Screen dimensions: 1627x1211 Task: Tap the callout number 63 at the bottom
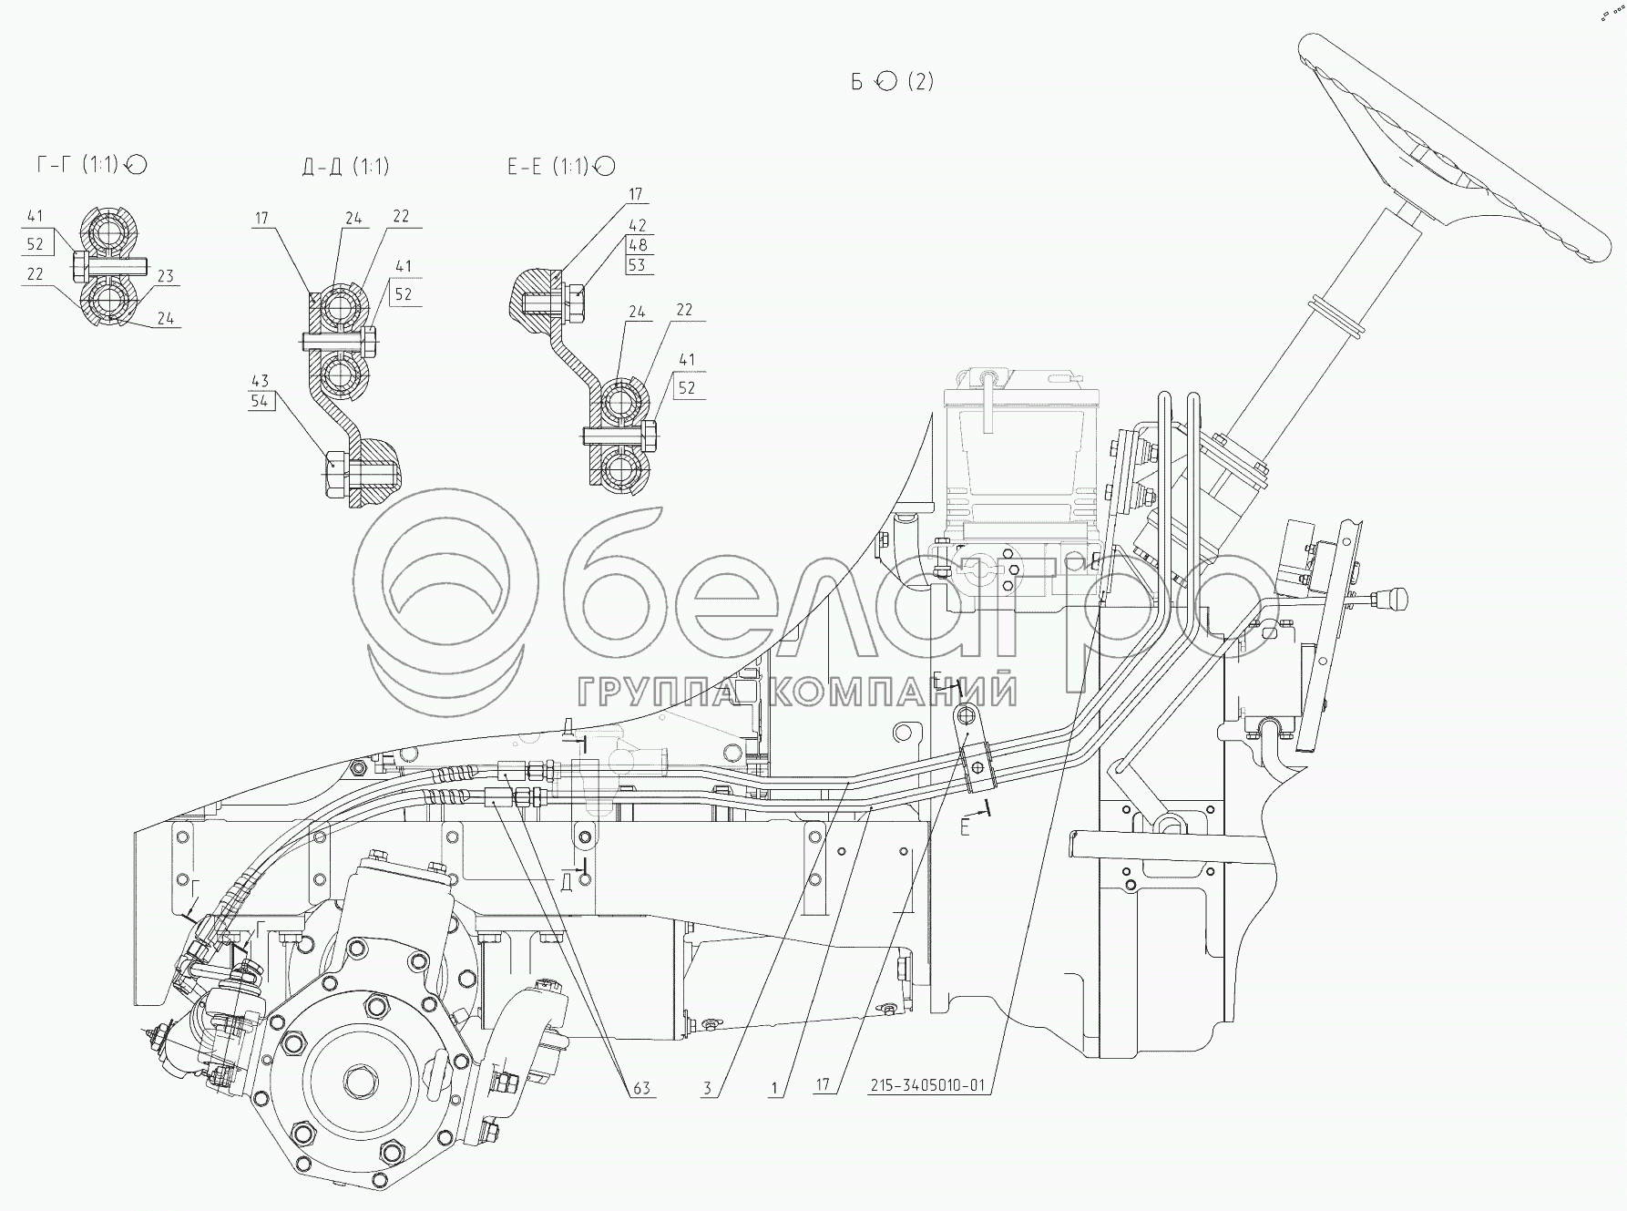coord(642,1088)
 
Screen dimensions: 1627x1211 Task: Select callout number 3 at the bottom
coord(707,1088)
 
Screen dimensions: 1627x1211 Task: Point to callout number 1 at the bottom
coord(774,1088)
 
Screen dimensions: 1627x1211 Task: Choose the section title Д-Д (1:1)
coord(345,166)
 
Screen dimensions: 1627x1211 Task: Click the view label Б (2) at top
coord(893,81)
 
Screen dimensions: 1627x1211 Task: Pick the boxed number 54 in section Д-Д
coord(261,400)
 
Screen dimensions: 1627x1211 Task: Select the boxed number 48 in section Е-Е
coord(638,244)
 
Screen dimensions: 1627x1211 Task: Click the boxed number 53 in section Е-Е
coord(638,264)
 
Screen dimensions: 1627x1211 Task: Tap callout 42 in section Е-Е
coord(638,225)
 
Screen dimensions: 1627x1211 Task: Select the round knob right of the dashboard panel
coord(1393,600)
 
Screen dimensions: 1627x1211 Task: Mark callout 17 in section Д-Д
coord(262,219)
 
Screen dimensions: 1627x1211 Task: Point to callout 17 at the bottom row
coord(824,1086)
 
